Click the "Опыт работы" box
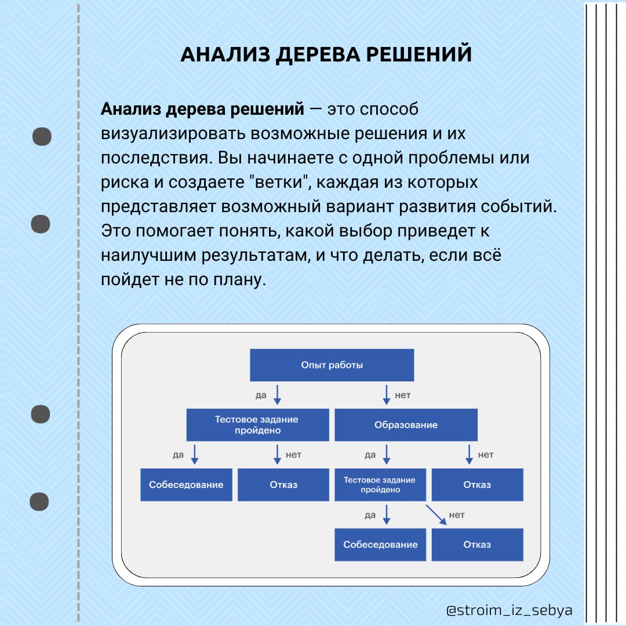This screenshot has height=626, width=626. (332, 365)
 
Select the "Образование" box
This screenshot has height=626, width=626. (406, 425)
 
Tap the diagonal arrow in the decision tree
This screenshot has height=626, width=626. (436, 515)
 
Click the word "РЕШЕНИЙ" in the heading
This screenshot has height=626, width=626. (419, 54)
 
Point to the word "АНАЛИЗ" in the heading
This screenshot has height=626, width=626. (225, 54)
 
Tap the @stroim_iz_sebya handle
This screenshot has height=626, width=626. (509, 610)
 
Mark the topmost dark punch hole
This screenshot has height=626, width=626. (42, 137)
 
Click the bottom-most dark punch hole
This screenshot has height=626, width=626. (39, 501)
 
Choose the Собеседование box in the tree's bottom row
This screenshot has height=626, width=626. (380, 544)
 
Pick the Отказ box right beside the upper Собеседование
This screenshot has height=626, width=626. (283, 485)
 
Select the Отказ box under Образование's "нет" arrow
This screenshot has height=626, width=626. (478, 485)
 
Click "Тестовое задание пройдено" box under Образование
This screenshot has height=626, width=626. (380, 485)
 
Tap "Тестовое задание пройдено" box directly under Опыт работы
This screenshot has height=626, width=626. (258, 425)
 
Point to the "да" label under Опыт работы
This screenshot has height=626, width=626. (261, 395)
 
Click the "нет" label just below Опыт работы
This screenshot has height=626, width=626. (403, 395)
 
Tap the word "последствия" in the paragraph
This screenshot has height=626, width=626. (155, 158)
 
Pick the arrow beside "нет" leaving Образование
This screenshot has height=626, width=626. (469, 454)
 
